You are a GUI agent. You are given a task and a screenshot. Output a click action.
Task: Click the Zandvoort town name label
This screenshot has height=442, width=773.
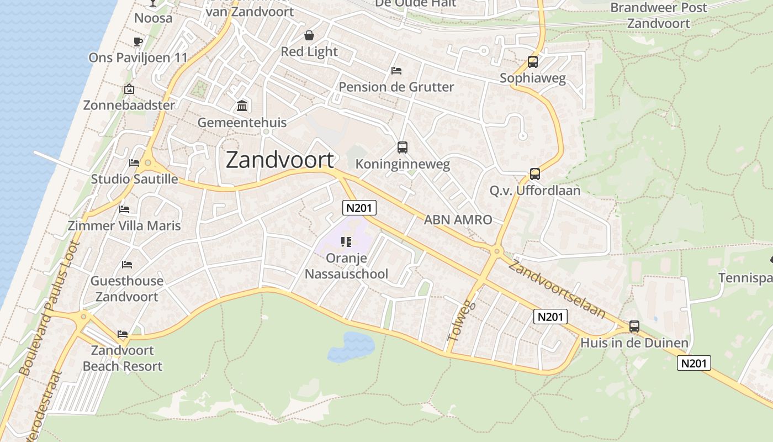point(280,160)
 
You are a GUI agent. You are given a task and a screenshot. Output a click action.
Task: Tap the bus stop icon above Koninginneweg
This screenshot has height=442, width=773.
point(403,148)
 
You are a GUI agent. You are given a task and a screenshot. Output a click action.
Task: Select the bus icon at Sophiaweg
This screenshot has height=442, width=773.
point(533,62)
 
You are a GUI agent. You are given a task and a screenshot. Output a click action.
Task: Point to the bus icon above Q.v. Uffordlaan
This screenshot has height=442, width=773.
point(535,174)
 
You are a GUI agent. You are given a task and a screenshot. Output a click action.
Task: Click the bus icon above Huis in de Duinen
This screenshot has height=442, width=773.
point(634,327)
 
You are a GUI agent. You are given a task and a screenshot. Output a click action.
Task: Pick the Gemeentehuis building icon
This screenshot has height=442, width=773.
point(242,106)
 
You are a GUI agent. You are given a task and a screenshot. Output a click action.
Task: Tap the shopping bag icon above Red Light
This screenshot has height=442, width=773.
point(309,36)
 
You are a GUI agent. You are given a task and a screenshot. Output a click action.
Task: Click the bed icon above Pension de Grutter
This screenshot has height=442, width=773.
point(396,71)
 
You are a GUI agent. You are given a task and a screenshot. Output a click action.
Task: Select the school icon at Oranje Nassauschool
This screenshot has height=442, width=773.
point(346,242)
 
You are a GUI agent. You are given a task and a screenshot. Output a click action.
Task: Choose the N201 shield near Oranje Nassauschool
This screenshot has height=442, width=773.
point(359,208)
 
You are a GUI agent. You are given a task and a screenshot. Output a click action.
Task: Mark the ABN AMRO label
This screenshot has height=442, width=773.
point(458,220)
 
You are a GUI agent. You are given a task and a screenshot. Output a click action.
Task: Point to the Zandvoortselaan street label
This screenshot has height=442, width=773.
point(557,289)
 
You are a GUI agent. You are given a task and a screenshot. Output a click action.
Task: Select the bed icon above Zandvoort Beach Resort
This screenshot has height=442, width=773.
point(123,334)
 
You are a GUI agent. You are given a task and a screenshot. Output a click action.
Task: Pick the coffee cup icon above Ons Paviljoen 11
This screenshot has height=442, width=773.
point(138,41)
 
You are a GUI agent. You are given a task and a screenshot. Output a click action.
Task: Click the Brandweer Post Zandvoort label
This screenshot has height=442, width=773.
point(658,15)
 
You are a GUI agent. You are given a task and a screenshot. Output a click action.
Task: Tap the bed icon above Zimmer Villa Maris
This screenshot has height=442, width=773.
point(124,209)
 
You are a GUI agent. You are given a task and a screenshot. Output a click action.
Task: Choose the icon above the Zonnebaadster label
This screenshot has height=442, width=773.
point(129,89)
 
